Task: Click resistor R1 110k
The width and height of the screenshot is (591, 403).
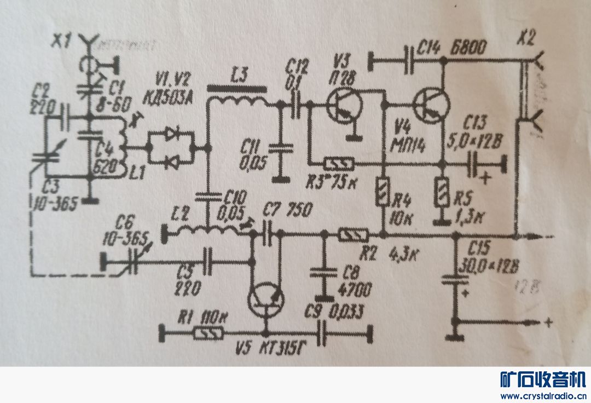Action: coord(208,332)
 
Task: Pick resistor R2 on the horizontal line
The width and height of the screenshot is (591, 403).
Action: coord(353,235)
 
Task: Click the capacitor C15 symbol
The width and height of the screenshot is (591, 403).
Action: coord(454,280)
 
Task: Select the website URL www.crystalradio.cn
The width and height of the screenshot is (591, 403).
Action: coord(542,395)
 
